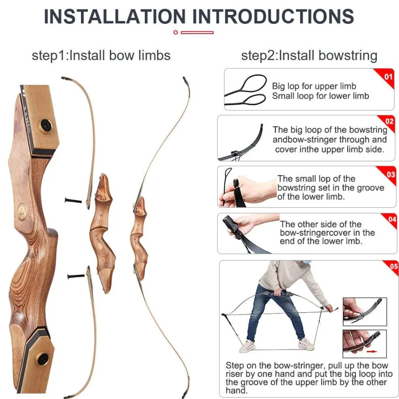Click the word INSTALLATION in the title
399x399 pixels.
point(115,17)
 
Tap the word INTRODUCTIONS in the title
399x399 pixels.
point(273,17)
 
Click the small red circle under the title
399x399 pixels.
point(175,32)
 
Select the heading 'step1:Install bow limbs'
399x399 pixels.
point(101,55)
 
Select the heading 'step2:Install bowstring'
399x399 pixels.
point(309,55)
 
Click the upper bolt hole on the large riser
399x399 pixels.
point(46,125)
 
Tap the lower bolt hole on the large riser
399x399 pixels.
point(43,359)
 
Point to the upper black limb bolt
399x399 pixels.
point(73,201)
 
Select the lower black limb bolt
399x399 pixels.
point(76,276)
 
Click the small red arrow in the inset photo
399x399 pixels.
point(372,351)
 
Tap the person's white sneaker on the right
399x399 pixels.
point(306,344)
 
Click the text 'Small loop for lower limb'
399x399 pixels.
point(320,96)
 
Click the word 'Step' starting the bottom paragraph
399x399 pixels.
point(235,365)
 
